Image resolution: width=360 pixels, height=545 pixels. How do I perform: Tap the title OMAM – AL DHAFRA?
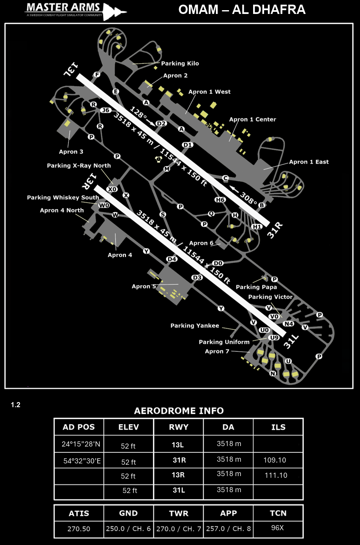(x=242, y=10)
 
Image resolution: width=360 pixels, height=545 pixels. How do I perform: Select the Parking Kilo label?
(x=180, y=63)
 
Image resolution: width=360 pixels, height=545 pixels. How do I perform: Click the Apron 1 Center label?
(x=252, y=119)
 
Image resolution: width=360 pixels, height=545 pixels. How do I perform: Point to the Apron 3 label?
(x=71, y=152)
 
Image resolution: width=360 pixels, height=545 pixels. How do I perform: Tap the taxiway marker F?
(x=97, y=75)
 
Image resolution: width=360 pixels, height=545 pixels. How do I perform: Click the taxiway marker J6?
(x=106, y=110)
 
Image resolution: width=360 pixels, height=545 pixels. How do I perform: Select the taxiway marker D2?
(x=161, y=123)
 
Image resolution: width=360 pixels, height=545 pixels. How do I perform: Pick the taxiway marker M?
(x=166, y=169)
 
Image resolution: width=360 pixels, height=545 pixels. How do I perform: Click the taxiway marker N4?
(x=289, y=324)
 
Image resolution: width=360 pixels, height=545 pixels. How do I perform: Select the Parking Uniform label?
(x=224, y=342)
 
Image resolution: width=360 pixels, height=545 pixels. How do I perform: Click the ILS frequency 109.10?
(x=275, y=460)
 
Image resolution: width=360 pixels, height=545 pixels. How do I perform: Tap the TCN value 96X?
(x=277, y=528)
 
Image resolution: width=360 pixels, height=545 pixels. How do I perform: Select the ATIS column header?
(x=79, y=513)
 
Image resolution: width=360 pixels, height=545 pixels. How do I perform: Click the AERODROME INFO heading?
(x=179, y=411)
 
